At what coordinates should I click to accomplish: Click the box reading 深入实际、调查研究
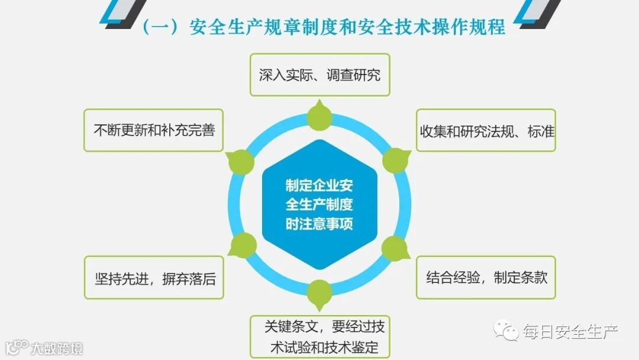tap(319, 75)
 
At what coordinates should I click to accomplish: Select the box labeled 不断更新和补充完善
tap(153, 130)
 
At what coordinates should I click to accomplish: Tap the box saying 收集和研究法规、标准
tap(486, 130)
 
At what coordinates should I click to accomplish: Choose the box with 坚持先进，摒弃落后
tap(154, 277)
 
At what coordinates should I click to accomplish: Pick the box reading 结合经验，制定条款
tap(486, 277)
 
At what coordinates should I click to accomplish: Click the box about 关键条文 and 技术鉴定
tap(319, 336)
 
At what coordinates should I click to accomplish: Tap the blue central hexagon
tap(319, 205)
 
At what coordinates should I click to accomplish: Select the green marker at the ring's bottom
tap(319, 293)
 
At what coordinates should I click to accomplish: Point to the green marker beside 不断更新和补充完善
tap(240, 160)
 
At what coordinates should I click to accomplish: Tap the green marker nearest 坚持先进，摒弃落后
tap(241, 245)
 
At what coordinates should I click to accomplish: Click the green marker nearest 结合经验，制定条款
tap(395, 248)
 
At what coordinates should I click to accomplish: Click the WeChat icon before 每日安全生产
tap(508, 331)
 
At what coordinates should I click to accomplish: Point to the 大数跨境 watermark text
tap(57, 347)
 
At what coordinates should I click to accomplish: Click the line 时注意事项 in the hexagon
tap(319, 224)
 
